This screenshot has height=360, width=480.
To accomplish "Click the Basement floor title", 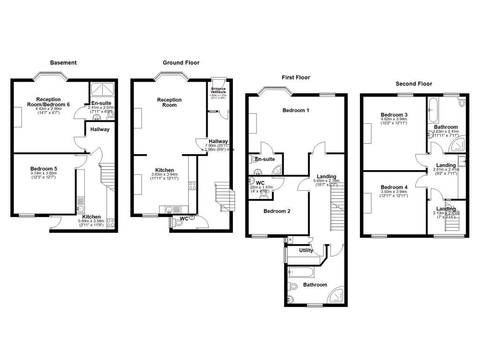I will (63, 62).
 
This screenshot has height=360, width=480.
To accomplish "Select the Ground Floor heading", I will (181, 62).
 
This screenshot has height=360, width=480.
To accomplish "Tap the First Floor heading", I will (296, 77).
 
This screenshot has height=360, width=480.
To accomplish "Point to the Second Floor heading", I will (414, 84).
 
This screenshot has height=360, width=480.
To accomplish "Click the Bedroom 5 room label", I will (44, 169).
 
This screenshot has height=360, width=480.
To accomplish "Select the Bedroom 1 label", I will (296, 111).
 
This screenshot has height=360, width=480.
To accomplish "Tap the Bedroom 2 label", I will (277, 211).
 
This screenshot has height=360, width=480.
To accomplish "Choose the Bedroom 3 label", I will (394, 115).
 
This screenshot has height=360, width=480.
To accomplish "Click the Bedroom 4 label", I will (394, 187).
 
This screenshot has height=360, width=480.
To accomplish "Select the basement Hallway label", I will (100, 129).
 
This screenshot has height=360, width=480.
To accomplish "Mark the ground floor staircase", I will (223, 196).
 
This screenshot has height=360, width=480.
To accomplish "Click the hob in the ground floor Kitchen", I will (192, 185).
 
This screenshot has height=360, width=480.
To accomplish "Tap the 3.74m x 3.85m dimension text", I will (43, 173).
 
